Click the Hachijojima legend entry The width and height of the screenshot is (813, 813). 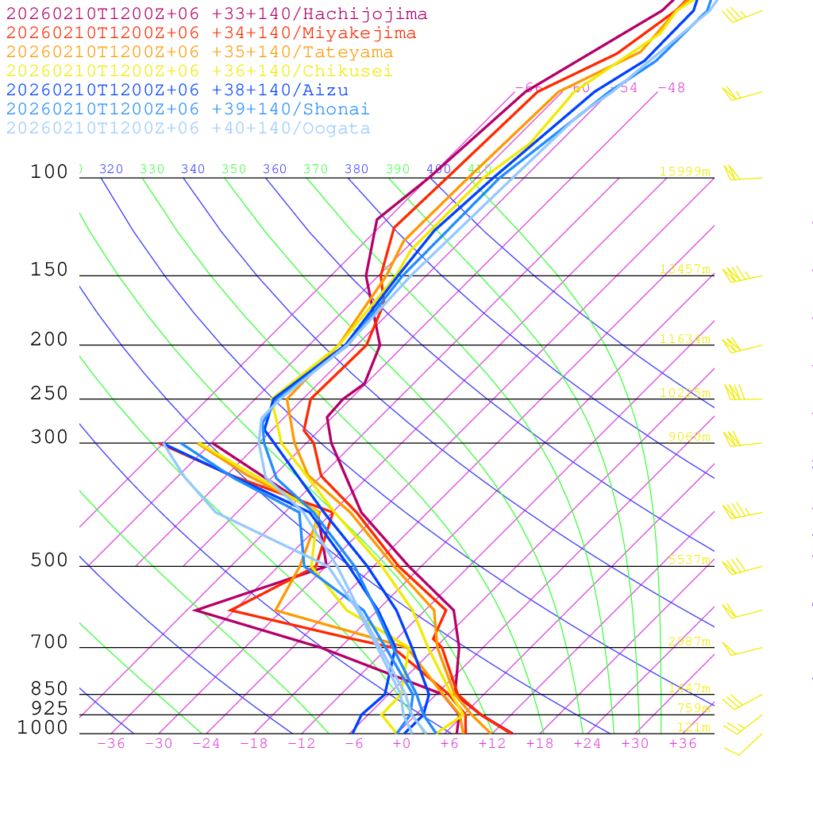(216, 14)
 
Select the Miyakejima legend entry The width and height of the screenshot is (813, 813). (210, 33)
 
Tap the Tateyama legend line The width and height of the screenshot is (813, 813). (199, 52)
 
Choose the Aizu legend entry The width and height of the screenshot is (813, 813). (177, 91)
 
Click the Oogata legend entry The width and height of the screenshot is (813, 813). (188, 129)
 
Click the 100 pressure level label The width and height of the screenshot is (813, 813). (49, 172)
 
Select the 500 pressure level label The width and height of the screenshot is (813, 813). (49, 561)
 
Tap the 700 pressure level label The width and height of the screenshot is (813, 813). (49, 642)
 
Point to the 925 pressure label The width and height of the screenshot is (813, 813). (49, 708)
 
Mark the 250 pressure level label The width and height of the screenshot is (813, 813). (49, 394)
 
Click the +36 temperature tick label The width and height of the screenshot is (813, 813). (682, 744)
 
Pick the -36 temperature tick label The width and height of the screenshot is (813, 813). (110, 744)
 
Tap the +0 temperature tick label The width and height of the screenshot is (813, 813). (401, 744)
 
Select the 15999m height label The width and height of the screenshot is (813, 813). (684, 171)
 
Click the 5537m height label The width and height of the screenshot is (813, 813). (688, 560)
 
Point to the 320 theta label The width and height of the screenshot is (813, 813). (111, 169)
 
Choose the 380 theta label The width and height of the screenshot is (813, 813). (356, 169)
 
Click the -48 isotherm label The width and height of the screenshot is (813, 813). (671, 88)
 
